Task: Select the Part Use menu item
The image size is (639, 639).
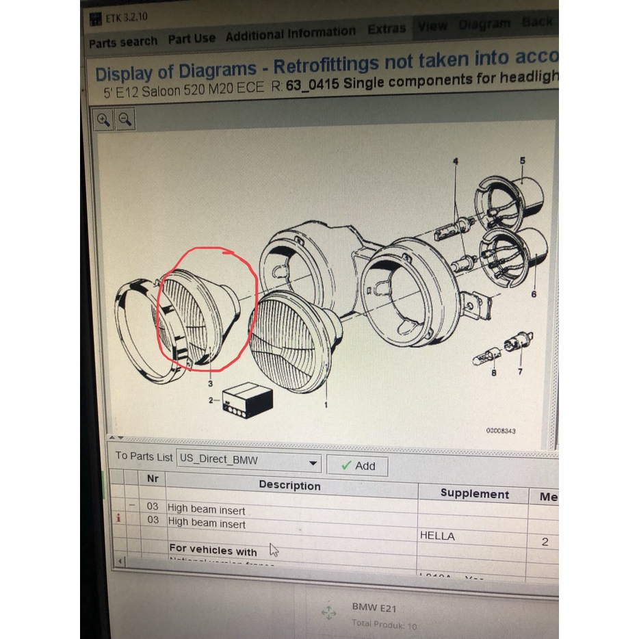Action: click(x=192, y=39)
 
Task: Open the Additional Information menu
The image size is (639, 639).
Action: click(x=290, y=33)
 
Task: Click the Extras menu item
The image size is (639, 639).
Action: click(x=387, y=29)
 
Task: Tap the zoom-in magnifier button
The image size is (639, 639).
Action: click(x=104, y=120)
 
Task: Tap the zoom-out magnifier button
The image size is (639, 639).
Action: click(x=125, y=120)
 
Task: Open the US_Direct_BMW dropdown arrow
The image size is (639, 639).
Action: click(x=313, y=463)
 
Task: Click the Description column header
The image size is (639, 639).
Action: click(x=289, y=485)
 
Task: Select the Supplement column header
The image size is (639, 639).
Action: click(x=474, y=493)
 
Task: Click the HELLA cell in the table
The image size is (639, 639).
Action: click(x=437, y=536)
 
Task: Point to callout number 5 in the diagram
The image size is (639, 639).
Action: click(x=522, y=161)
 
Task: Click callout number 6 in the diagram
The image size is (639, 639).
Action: click(x=533, y=294)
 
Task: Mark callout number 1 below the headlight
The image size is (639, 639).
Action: click(x=325, y=405)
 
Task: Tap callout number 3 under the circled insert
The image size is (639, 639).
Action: click(x=210, y=384)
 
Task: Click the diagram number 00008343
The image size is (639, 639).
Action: click(x=501, y=431)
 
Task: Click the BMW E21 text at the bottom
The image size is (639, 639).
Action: click(x=374, y=607)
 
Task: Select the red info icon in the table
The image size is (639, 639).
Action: click(x=118, y=519)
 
